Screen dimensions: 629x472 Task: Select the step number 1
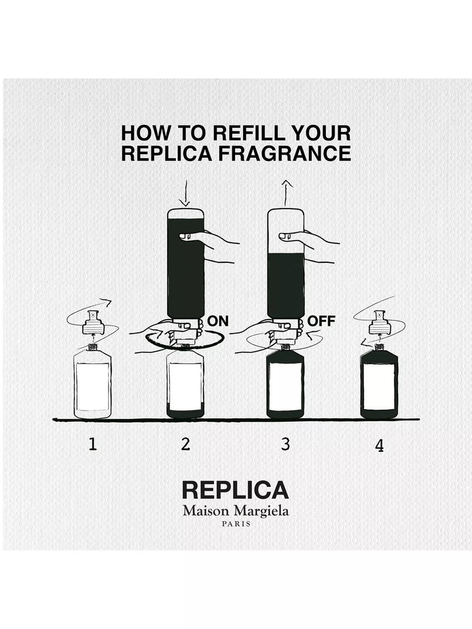(x=92, y=445)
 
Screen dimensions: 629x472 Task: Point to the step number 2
(x=185, y=445)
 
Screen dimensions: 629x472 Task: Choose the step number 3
(x=285, y=445)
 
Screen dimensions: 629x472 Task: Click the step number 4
(x=379, y=446)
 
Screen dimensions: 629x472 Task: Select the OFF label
(x=321, y=321)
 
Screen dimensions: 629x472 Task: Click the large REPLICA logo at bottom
(x=235, y=490)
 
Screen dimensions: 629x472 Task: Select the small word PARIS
(x=235, y=524)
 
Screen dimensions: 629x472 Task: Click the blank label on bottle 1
(x=92, y=385)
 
